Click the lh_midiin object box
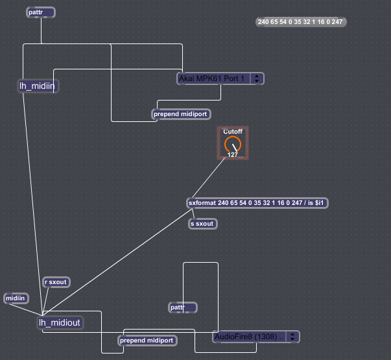click(x=38, y=86)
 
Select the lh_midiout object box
click(x=60, y=323)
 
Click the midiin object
click(x=16, y=298)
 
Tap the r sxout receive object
click(x=56, y=282)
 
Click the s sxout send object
click(x=203, y=224)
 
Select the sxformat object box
click(x=257, y=203)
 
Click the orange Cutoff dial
click(x=233, y=145)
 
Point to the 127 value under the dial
click(x=233, y=155)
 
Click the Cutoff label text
click(x=233, y=132)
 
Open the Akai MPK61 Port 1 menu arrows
click(x=257, y=78)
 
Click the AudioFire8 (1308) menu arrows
click(x=292, y=337)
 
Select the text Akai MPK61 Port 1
click(x=211, y=78)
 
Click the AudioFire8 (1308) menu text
click(x=249, y=337)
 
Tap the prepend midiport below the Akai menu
click(x=181, y=114)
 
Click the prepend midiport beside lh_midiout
click(x=147, y=341)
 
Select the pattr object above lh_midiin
click(x=41, y=12)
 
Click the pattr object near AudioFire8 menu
click(x=183, y=307)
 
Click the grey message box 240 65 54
click(x=301, y=22)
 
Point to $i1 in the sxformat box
click(x=319, y=203)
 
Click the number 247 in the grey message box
click(x=337, y=22)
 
